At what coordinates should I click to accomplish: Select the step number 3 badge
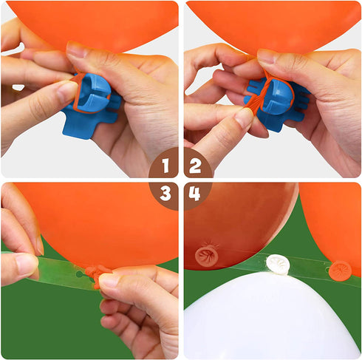(x=165, y=195)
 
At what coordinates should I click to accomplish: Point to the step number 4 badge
(x=197, y=195)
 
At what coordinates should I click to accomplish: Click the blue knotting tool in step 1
(x=91, y=106)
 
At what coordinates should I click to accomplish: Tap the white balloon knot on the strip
(x=277, y=265)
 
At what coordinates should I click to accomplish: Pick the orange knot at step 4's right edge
(x=341, y=271)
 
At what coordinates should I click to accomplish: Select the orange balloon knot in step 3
(x=98, y=275)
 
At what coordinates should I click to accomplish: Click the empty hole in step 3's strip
(x=79, y=274)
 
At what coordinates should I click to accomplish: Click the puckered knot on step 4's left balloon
(x=207, y=257)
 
